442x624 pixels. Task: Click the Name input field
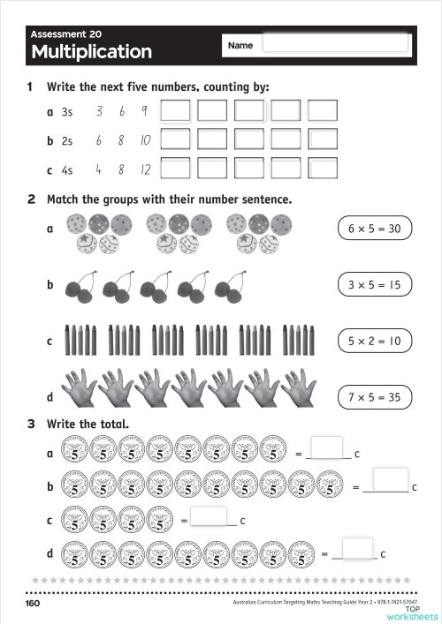336,43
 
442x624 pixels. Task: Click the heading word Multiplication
91,52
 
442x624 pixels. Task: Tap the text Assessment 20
66,34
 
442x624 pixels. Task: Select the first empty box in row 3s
175,111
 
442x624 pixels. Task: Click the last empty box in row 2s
323,139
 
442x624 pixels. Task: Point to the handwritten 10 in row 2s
145,140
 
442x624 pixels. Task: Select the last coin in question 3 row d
301,553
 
